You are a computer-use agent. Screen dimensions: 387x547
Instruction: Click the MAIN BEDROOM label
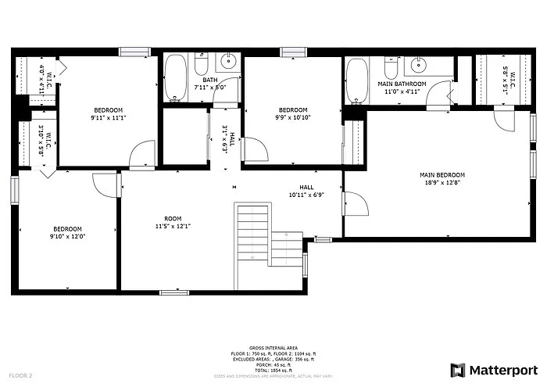click(442, 175)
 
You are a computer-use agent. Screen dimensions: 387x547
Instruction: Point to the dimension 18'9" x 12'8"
click(442, 184)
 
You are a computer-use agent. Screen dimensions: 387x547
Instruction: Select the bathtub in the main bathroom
click(357, 82)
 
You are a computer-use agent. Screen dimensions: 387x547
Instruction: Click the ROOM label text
click(173, 218)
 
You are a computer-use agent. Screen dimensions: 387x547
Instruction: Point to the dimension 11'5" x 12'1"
click(173, 226)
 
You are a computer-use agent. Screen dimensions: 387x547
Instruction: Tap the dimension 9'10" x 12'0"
click(66, 236)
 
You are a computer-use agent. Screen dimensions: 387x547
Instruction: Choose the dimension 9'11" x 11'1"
click(108, 118)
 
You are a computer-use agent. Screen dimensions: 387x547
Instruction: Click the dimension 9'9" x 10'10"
click(293, 118)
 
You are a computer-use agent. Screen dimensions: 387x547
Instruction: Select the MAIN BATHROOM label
click(402, 84)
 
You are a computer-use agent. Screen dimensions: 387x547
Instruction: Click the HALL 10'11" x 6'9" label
click(306, 192)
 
